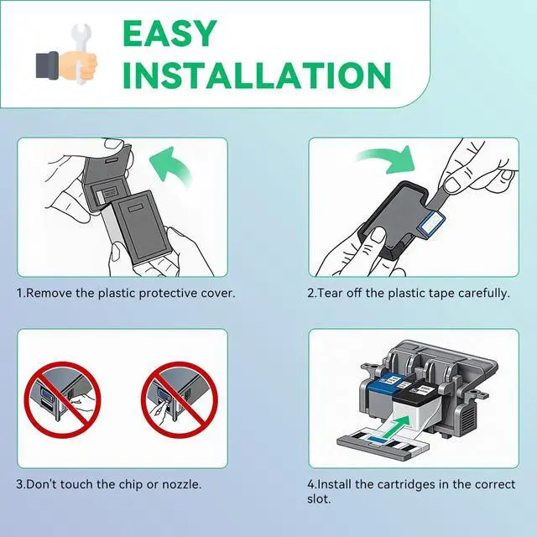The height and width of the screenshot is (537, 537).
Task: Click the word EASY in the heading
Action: (169, 34)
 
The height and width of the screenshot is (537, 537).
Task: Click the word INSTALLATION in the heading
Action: (258, 75)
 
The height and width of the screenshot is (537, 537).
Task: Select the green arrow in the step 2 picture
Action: (387, 159)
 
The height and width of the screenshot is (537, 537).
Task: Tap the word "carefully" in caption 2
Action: (483, 294)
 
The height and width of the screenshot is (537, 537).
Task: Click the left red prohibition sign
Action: (63, 399)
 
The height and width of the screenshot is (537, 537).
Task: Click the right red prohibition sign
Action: (180, 399)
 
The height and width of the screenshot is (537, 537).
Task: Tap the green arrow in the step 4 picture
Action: (396, 426)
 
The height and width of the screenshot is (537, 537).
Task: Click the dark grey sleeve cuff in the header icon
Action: (47, 65)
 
